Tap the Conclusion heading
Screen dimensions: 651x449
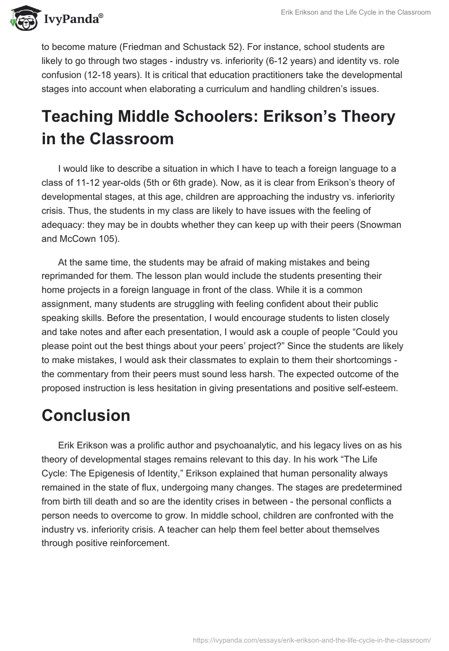click(86, 415)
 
